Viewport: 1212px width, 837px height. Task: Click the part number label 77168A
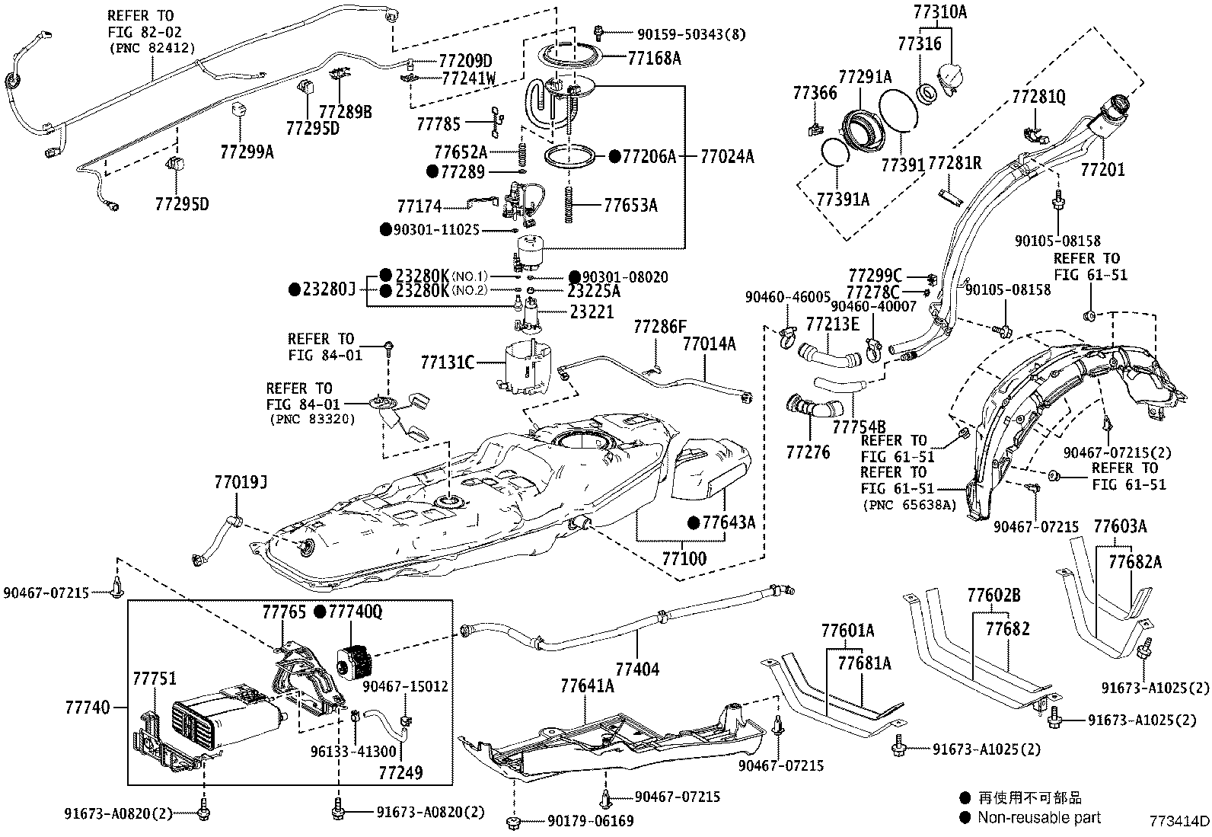[x=654, y=58]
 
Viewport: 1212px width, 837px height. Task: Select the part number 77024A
[x=726, y=156]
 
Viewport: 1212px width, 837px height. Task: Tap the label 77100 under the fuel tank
[x=684, y=558]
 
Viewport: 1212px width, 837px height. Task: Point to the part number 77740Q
[x=356, y=612]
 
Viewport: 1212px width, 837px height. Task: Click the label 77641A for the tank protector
[x=587, y=686]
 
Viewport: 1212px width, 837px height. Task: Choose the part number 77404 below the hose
[x=637, y=669]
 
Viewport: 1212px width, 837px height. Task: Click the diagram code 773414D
[x=1179, y=821]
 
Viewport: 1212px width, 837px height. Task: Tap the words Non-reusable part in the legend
[x=1039, y=817]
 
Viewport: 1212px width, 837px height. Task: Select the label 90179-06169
[x=590, y=821]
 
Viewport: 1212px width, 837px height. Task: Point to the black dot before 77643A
[x=694, y=522]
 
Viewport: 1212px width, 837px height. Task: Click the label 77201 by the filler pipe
[x=1102, y=170]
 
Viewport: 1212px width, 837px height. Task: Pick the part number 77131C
[x=448, y=363]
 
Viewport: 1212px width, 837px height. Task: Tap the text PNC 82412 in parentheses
[x=152, y=48]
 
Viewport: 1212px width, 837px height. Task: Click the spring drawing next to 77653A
[x=569, y=205]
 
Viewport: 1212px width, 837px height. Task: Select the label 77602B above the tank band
[x=994, y=596]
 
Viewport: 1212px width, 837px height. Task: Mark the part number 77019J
[x=241, y=482]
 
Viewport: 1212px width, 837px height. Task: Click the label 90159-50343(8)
[x=691, y=34]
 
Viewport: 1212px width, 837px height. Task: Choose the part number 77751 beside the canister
[x=155, y=679]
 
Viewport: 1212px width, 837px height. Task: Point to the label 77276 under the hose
[x=808, y=452]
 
